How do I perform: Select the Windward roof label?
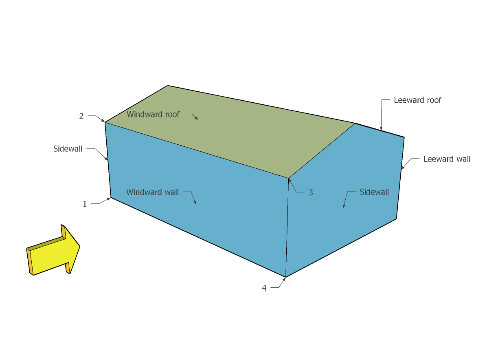tap(153, 115)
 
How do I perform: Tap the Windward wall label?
tap(153, 192)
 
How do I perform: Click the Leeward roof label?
tap(417, 100)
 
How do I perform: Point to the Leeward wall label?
tap(447, 159)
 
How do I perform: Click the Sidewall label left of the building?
tap(68, 149)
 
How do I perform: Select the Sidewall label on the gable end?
tap(374, 192)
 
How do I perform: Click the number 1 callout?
tap(85, 204)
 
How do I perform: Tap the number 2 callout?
tap(81, 116)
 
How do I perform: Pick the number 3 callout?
tap(311, 193)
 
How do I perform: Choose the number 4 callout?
tap(264, 288)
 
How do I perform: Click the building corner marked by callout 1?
tap(111, 198)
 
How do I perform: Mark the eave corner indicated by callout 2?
tap(105, 122)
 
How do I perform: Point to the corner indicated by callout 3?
tap(289, 178)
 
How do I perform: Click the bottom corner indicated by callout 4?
tap(286, 277)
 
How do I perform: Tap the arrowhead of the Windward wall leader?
tap(195, 203)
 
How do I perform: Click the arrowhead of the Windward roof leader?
tap(197, 119)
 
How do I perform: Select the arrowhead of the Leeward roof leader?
tap(381, 129)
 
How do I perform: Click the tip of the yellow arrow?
tap(80, 246)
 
